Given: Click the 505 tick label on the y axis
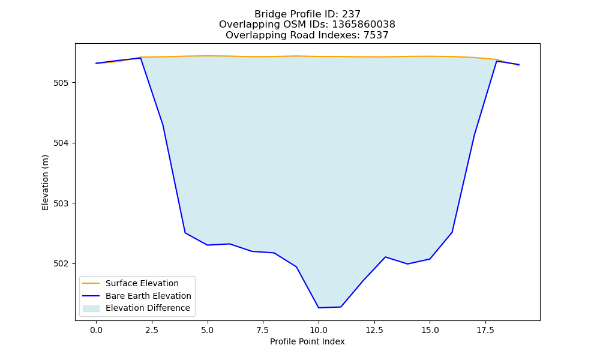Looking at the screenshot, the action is click(x=60, y=83).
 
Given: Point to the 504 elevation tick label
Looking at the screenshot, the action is click(x=60, y=143).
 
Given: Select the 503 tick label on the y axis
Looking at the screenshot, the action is click(x=60, y=203).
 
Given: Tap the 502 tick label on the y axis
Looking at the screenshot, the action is click(x=60, y=263).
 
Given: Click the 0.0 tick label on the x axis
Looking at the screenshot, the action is click(x=96, y=330).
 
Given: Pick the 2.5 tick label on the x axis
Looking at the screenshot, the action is click(x=152, y=330).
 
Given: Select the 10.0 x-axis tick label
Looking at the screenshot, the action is click(x=319, y=330).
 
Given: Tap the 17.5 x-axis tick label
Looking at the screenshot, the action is click(x=485, y=330).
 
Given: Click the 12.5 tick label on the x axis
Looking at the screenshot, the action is click(x=374, y=330).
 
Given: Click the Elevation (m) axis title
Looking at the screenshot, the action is click(x=45, y=182).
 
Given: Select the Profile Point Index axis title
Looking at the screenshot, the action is click(x=307, y=341).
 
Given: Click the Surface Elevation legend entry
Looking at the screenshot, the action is click(x=142, y=283).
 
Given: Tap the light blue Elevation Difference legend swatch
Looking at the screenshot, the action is click(x=91, y=308).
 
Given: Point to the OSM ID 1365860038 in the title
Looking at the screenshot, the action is click(x=364, y=25).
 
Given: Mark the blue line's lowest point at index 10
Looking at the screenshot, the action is click(x=319, y=308).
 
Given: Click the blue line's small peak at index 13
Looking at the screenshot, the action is click(x=385, y=257).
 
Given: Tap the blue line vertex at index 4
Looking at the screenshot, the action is click(x=185, y=233).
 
